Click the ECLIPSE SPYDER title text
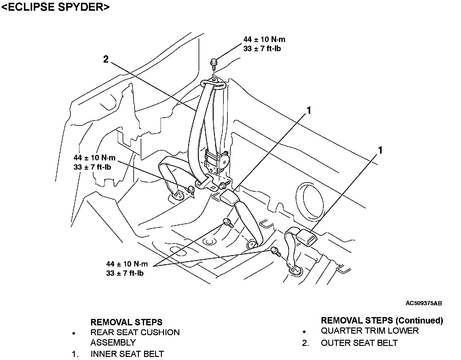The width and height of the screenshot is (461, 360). point(55,7)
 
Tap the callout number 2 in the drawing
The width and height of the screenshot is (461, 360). point(106,59)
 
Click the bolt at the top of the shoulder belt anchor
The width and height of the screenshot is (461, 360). point(214,64)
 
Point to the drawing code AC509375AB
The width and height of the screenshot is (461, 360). point(424,303)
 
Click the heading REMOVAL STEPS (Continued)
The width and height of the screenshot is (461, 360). point(382,320)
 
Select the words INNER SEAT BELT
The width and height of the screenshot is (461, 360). point(127,354)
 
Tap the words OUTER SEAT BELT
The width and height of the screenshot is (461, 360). point(359,343)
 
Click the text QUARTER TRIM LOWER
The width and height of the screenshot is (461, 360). point(370,331)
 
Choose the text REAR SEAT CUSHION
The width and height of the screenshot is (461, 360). point(135,332)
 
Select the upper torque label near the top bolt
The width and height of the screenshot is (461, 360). point(264,44)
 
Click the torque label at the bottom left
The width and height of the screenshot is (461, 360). point(127,268)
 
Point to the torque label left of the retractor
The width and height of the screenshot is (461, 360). point(94,162)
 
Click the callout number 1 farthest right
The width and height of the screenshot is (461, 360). point(380,150)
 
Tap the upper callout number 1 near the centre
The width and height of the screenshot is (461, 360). point(309,110)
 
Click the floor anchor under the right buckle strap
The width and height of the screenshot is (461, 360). point(295,271)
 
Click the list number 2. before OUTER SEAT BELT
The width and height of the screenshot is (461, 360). point(305,343)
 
